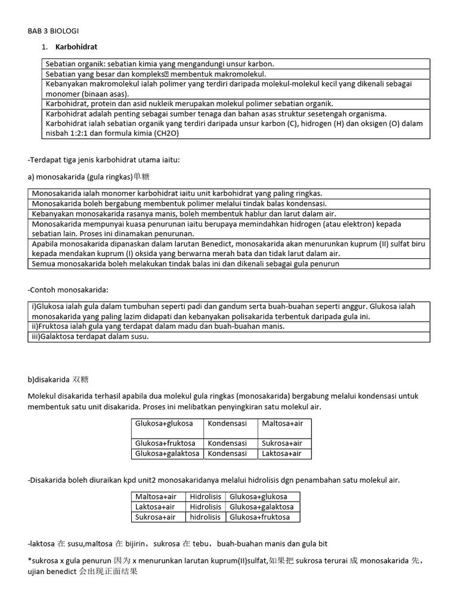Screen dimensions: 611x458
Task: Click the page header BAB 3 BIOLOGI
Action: click(x=53, y=30)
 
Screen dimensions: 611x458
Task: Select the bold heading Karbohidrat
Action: click(x=77, y=47)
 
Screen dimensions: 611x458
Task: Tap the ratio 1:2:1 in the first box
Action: click(x=76, y=134)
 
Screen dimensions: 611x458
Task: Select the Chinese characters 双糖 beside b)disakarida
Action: click(x=81, y=379)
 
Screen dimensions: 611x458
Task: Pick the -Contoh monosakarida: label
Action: click(x=68, y=289)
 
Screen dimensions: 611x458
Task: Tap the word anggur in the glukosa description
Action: click(x=374, y=306)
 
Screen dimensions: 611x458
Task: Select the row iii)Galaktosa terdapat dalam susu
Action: click(x=90, y=337)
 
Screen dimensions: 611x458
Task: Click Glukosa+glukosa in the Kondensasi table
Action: click(x=164, y=423)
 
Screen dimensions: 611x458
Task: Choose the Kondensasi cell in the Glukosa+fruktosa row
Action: click(x=227, y=443)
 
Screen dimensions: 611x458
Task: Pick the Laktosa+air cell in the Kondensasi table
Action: click(x=281, y=453)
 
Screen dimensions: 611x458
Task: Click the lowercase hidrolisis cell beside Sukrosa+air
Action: click(x=206, y=517)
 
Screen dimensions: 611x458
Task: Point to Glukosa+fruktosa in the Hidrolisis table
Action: click(x=259, y=517)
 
